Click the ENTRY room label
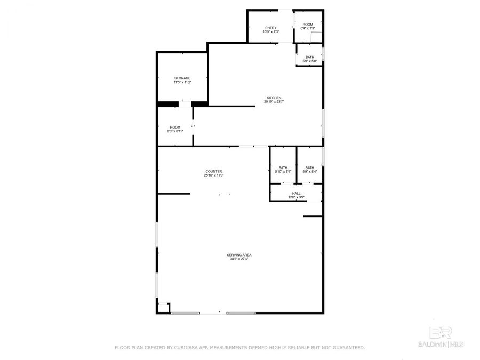[x=270, y=28]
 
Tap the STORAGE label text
[x=182, y=78]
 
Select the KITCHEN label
[x=274, y=98]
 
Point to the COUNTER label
[x=213, y=171]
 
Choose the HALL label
[x=296, y=194]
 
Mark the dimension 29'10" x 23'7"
[x=274, y=102]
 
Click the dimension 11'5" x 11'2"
[x=182, y=83]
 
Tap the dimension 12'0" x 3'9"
[x=296, y=198]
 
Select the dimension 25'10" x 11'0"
[x=213, y=175]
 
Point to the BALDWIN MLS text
[x=441, y=343]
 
